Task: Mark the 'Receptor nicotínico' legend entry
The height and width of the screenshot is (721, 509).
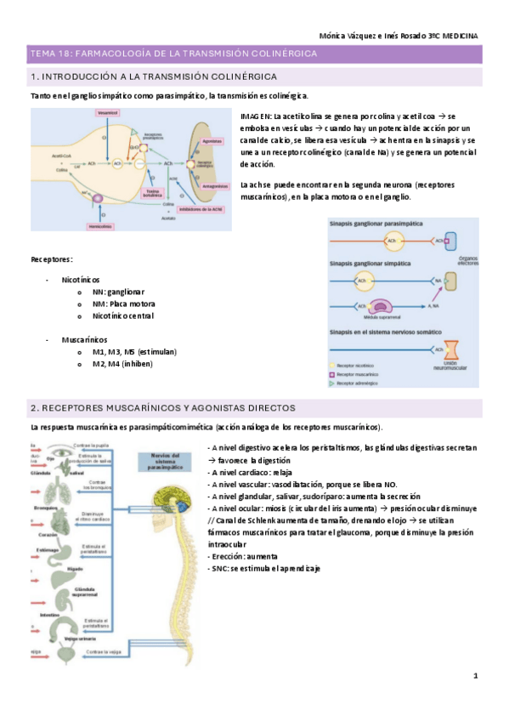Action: [365, 364]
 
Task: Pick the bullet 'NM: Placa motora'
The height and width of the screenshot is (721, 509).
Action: [124, 304]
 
